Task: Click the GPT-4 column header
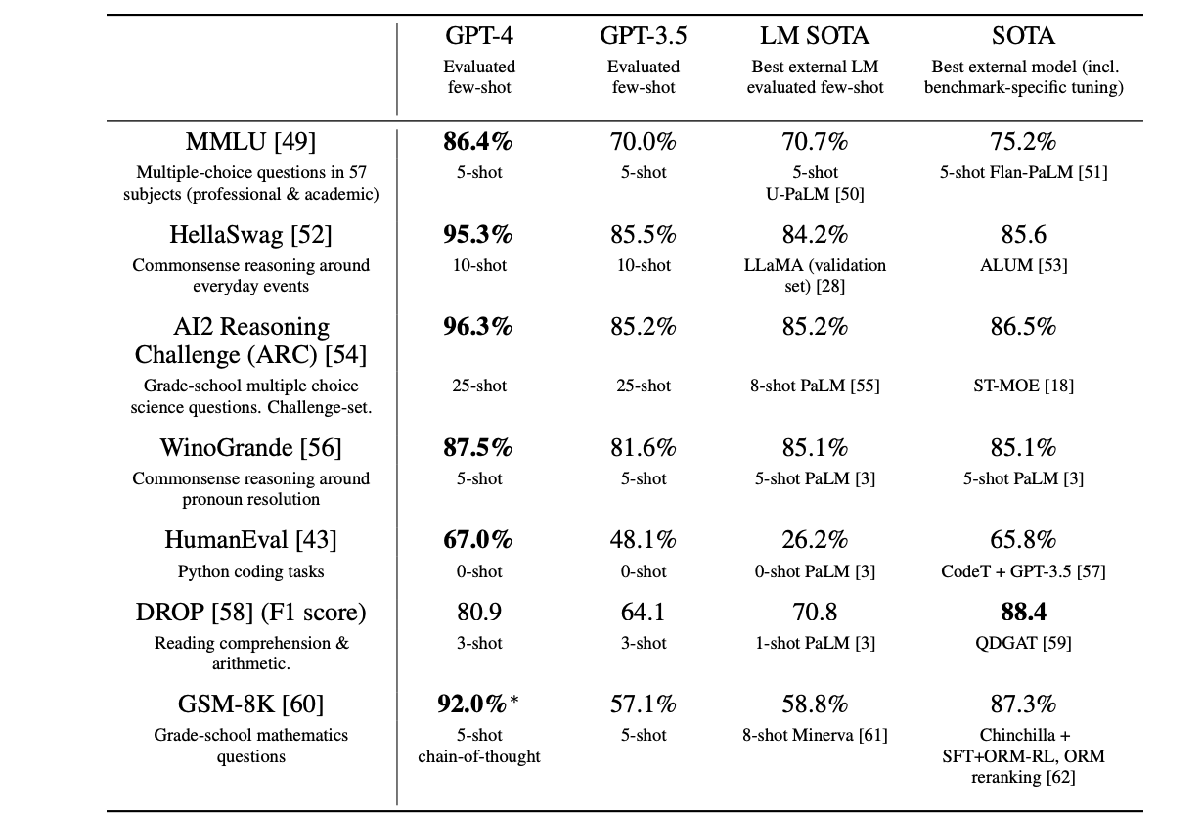click(x=479, y=37)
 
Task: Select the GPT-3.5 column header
click(x=644, y=37)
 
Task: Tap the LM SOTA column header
click(x=815, y=37)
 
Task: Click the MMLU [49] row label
click(x=251, y=142)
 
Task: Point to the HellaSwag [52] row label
click(x=251, y=235)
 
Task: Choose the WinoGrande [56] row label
click(x=251, y=448)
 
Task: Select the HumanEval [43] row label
click(x=251, y=540)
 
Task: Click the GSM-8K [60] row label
click(x=251, y=704)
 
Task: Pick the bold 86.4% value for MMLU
click(x=479, y=142)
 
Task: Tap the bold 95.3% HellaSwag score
click(x=479, y=235)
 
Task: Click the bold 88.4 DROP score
click(x=1023, y=613)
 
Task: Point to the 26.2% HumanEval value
click(x=815, y=540)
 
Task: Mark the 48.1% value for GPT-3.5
click(x=644, y=540)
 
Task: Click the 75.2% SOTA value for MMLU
click(x=1023, y=142)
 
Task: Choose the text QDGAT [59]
click(x=1023, y=643)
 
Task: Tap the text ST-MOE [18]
click(x=1023, y=386)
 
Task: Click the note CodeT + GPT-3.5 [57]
click(x=1023, y=571)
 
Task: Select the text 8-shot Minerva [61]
click(x=815, y=735)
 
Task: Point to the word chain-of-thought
click(x=479, y=756)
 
